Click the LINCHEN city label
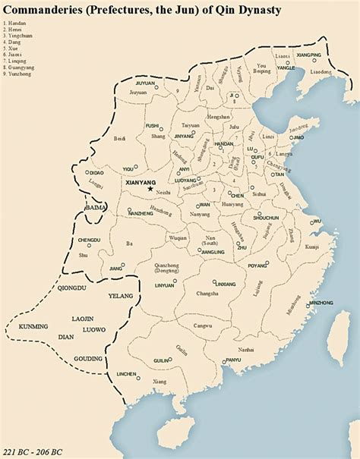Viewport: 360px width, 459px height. coord(126,374)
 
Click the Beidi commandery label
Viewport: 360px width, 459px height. coord(118,140)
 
